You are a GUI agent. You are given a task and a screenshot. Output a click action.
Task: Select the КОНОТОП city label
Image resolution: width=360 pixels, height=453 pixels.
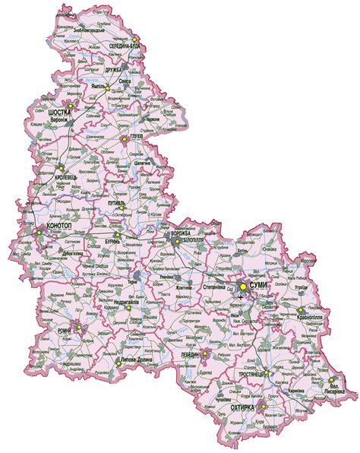[59, 227]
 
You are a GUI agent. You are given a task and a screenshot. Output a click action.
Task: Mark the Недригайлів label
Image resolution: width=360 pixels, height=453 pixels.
[110, 302]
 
